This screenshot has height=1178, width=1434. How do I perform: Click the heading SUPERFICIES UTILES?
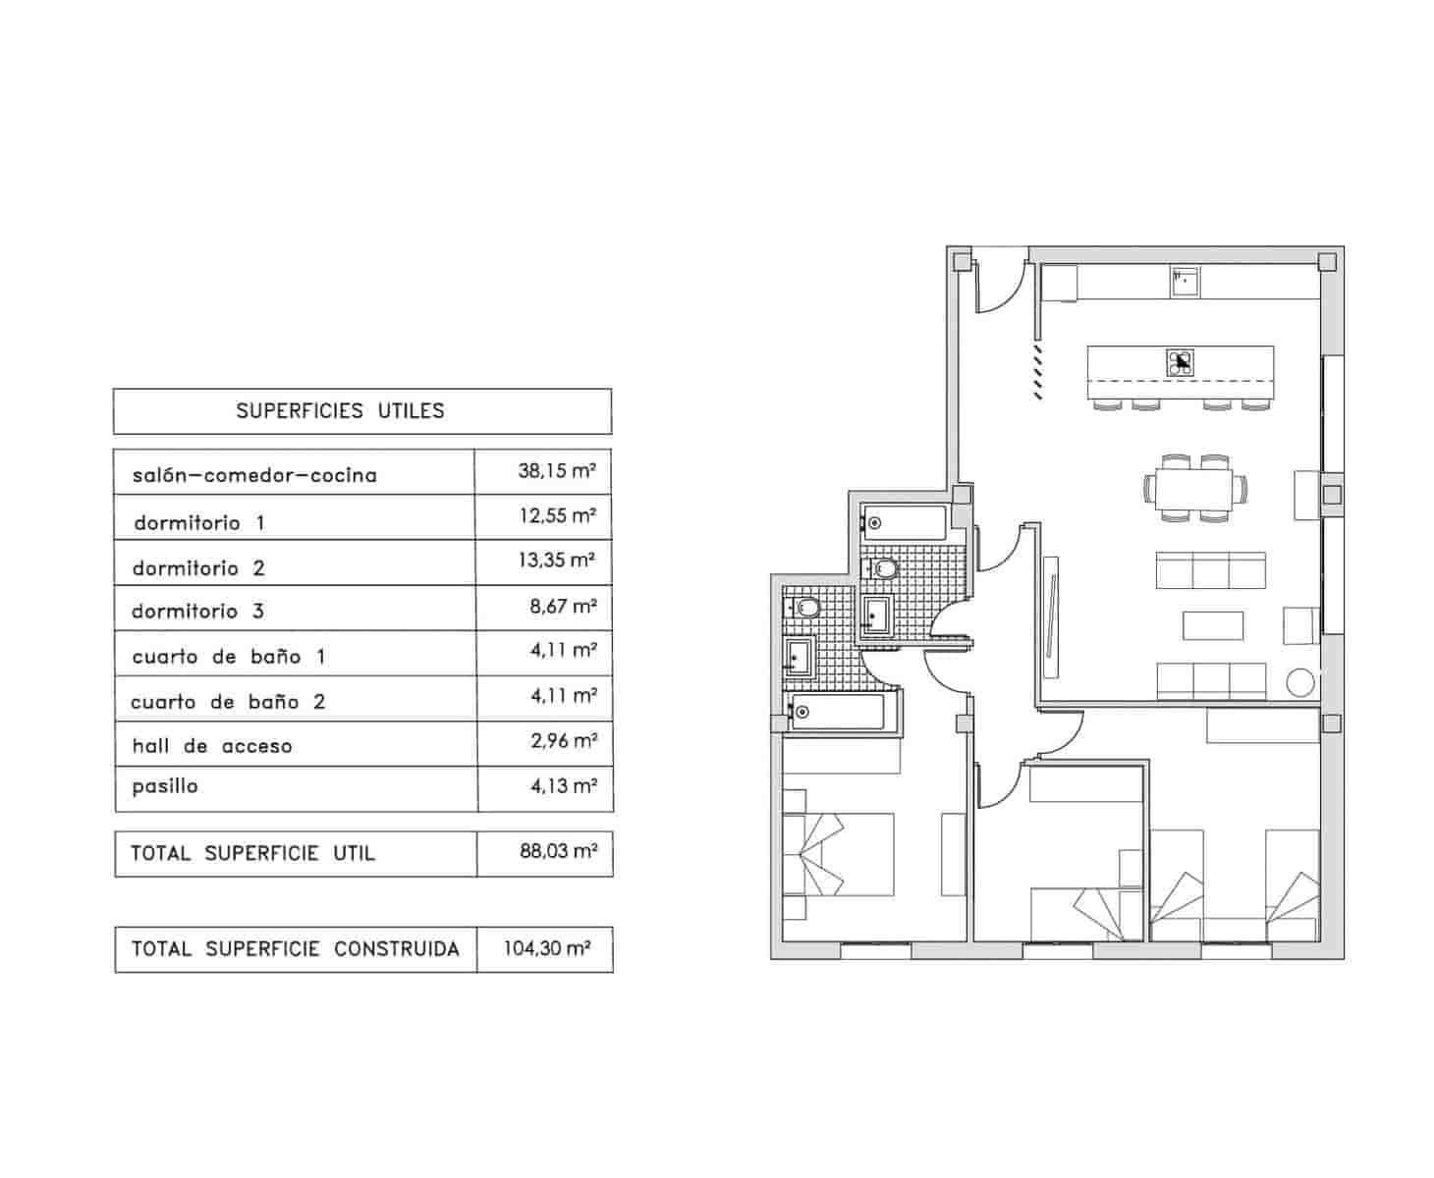click(340, 411)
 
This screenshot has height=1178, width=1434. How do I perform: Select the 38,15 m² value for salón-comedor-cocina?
click(557, 471)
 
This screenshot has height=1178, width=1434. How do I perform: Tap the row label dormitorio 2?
click(199, 568)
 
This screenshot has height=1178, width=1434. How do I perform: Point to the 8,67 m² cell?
click(563, 607)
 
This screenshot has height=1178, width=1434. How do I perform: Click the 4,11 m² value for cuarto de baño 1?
click(563, 650)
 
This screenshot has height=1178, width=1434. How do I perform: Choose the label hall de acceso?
click(212, 746)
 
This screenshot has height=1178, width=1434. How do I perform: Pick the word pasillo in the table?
click(165, 786)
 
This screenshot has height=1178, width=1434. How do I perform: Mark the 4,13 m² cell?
click(563, 785)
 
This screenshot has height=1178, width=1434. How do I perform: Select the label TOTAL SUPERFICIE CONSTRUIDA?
click(296, 949)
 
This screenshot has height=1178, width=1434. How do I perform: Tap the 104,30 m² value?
click(547, 949)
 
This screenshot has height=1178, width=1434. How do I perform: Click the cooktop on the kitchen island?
click(1181, 362)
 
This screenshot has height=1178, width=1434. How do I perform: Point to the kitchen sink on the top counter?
click(1184, 281)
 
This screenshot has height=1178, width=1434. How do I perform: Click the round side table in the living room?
click(1300, 681)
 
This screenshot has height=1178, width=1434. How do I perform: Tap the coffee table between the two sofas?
click(1213, 625)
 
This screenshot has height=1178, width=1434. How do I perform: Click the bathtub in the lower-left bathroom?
click(840, 711)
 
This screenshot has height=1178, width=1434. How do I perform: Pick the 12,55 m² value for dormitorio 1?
click(557, 515)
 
